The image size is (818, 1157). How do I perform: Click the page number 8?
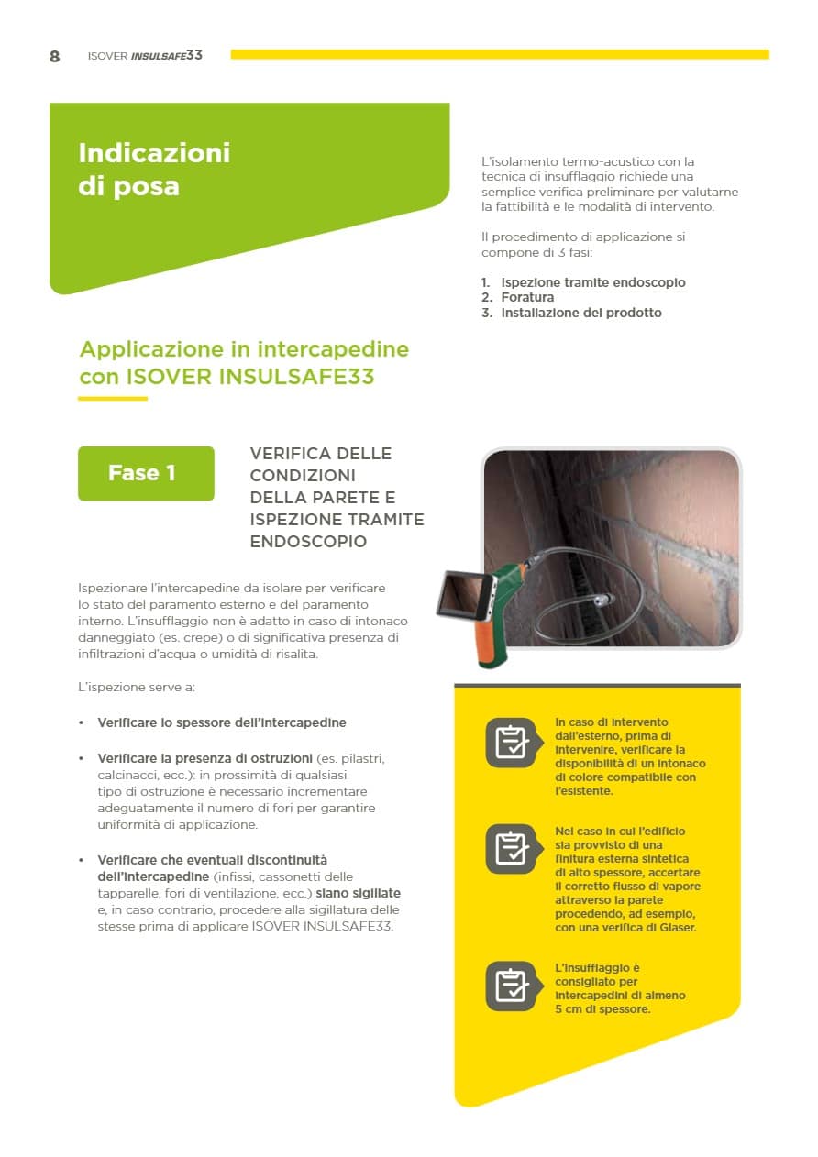tap(55, 56)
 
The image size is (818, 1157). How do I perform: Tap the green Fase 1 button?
tap(146, 473)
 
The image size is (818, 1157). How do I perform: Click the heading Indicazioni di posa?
tap(154, 169)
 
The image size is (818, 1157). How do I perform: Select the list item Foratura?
tap(527, 298)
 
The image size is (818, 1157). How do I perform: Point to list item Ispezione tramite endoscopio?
tap(592, 282)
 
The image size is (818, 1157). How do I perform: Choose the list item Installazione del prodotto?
tap(580, 313)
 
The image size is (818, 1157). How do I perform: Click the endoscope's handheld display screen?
tap(459, 593)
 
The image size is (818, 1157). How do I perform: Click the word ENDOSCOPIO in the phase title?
tap(308, 542)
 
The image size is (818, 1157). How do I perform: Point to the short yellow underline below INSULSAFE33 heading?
tap(113, 399)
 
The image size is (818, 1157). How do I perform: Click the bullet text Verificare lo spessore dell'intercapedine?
tap(222, 722)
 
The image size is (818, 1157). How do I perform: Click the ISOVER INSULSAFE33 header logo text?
tap(145, 56)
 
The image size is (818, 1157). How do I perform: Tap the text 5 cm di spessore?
tap(602, 1009)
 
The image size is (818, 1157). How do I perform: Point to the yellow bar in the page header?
tap(500, 54)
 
